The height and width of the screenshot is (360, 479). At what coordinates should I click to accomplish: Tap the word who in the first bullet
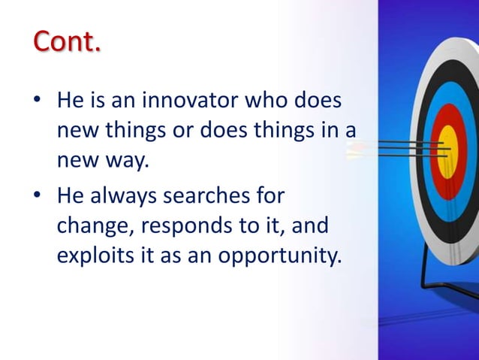point(260,101)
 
